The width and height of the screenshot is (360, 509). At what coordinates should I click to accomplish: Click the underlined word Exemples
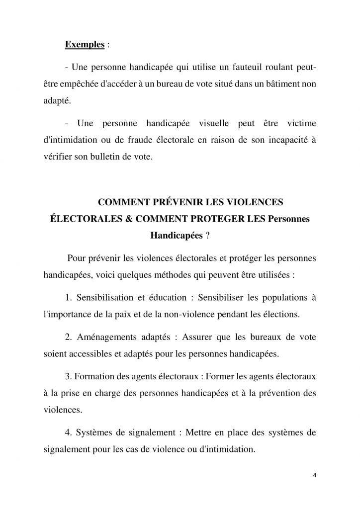(85, 44)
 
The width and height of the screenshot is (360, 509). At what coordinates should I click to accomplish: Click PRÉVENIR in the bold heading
(164, 201)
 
